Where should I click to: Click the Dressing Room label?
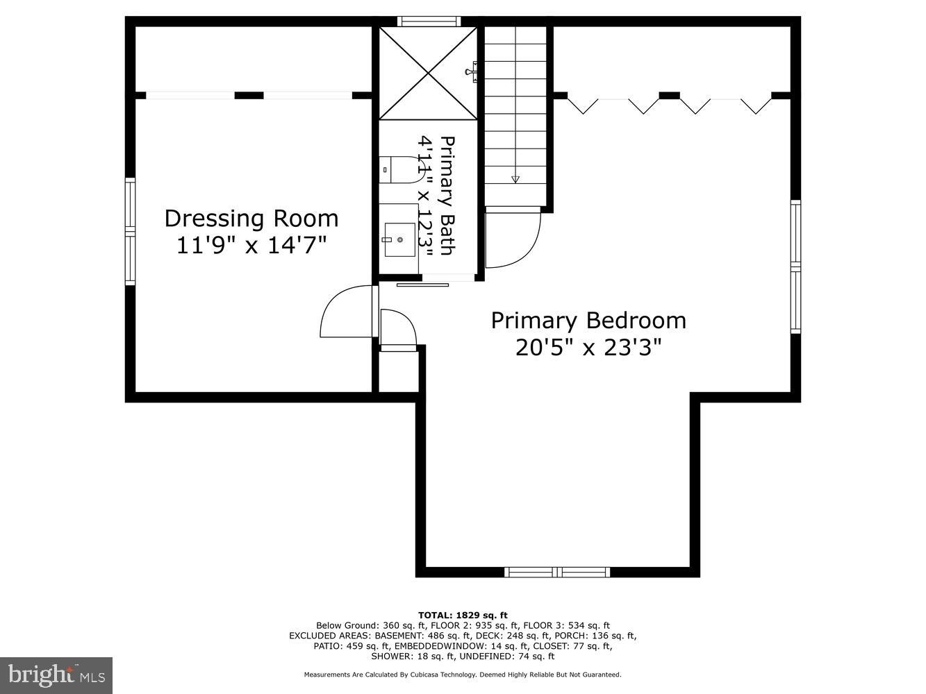point(251,218)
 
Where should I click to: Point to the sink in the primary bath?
point(399,239)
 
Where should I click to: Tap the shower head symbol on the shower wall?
point(473,69)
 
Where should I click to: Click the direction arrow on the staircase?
point(515,179)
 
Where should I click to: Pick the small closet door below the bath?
point(397,329)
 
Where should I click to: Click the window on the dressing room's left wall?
point(130,231)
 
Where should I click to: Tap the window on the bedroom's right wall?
point(795,266)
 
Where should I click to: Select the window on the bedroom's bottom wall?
point(557,572)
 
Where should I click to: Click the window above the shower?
point(429,22)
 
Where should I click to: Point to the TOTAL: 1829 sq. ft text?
point(463,615)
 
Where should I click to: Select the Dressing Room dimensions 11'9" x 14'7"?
point(251,245)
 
